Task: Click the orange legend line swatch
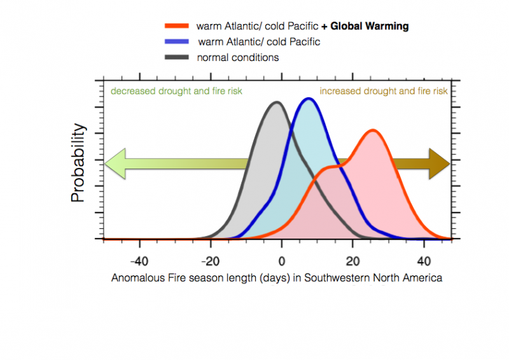[177, 26]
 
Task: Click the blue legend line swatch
[177, 42]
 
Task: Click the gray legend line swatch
[177, 58]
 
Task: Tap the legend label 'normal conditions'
[237, 58]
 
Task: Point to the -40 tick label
[139, 261]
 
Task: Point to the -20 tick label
[211, 261]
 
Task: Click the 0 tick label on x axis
[282, 261]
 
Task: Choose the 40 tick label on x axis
[424, 261]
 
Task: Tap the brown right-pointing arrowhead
[439, 165]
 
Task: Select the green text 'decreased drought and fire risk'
[176, 91]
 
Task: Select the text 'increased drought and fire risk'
[383, 91]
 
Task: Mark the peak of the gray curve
[275, 102]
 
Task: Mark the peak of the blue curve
[309, 99]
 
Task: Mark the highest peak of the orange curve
[372, 131]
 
